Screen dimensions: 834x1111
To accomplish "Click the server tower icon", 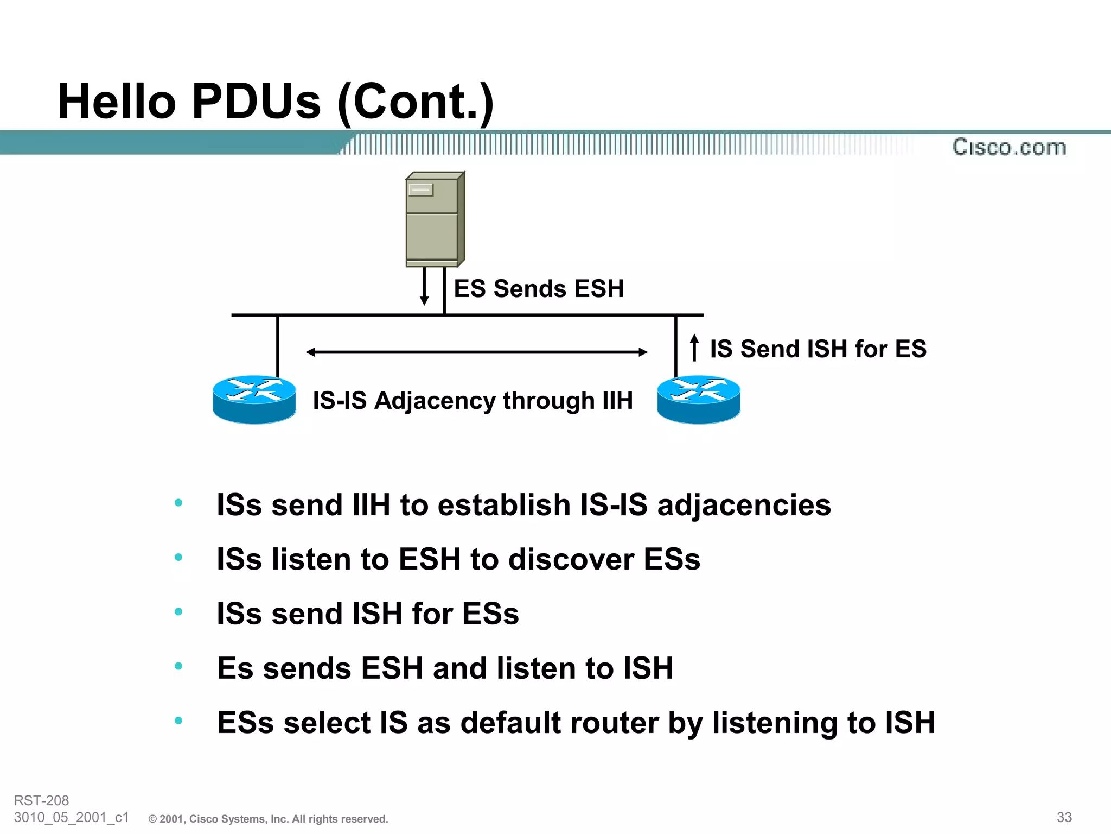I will [x=435, y=220].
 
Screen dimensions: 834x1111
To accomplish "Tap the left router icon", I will [x=254, y=400].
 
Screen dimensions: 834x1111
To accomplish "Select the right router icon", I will [x=699, y=400].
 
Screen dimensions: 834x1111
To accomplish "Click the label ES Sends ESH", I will [x=539, y=288].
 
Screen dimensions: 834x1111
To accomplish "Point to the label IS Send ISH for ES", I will [x=818, y=349].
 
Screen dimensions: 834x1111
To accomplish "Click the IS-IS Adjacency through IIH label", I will [x=473, y=401].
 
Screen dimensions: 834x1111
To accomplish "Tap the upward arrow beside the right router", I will [x=694, y=347].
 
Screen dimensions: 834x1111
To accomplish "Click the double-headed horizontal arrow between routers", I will [x=476, y=352].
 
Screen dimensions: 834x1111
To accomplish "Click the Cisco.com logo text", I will [x=1009, y=147].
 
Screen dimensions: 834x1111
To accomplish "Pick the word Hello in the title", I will [x=117, y=102].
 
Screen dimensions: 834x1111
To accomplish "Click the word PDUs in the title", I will [x=257, y=102].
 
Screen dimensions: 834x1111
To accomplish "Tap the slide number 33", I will [x=1064, y=817].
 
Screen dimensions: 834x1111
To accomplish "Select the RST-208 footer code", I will [x=41, y=800].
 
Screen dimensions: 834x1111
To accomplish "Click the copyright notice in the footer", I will [x=269, y=819].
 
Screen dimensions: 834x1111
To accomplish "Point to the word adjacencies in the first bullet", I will [x=744, y=506].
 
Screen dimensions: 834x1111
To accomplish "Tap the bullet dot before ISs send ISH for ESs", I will [x=178, y=612].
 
